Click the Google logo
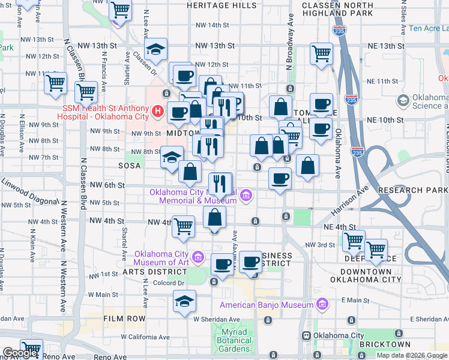click(20, 353)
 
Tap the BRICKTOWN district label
click(385, 344)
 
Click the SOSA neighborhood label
click(129, 165)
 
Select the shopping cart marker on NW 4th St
click(184, 226)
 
